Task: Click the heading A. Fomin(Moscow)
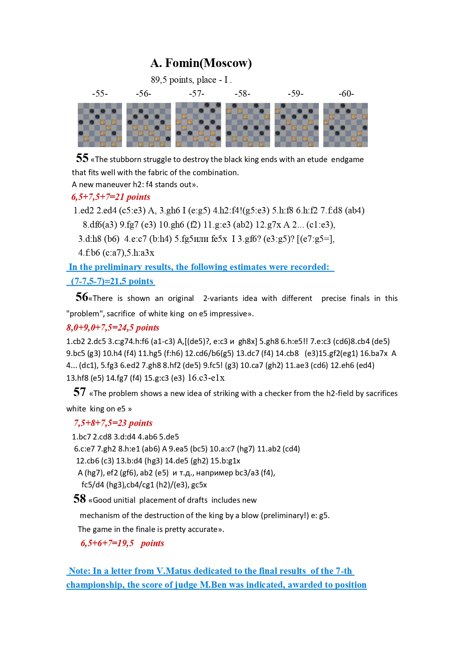pyautogui.click(x=201, y=63)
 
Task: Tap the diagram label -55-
pyautogui.click(x=100, y=94)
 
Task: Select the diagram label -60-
pyautogui.click(x=346, y=94)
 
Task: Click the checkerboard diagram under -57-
pyautogui.click(x=198, y=125)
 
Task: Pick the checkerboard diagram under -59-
pyautogui.click(x=297, y=125)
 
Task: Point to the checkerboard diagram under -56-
pyautogui.click(x=149, y=125)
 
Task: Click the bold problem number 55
pyautogui.click(x=82, y=158)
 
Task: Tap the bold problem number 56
pyautogui.click(x=82, y=297)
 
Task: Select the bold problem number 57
pyautogui.click(x=79, y=392)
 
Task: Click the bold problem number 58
pyautogui.click(x=79, y=499)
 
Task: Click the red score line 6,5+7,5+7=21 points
pyautogui.click(x=111, y=197)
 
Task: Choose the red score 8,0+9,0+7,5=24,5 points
pyautogui.click(x=113, y=328)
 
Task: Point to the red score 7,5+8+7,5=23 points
pyautogui.click(x=113, y=423)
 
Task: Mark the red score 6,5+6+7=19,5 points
pyautogui.click(x=122, y=543)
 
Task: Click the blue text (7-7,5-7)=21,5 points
pyautogui.click(x=112, y=281)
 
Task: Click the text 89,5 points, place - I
pyautogui.click(x=191, y=80)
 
